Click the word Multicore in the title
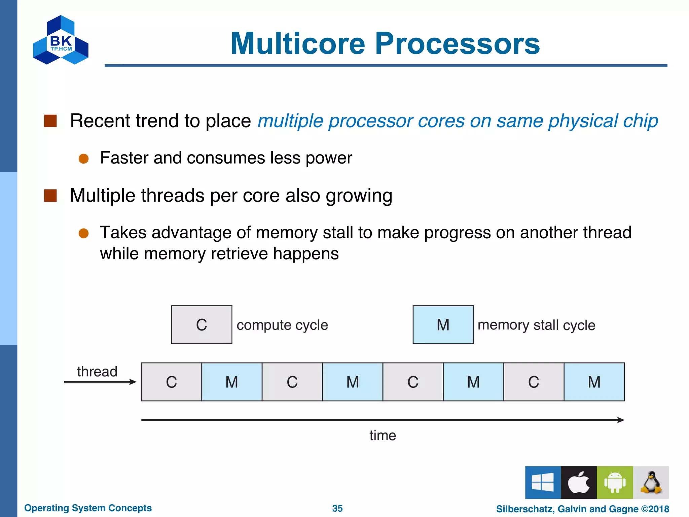pyautogui.click(x=298, y=44)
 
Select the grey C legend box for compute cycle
pyautogui.click(x=202, y=325)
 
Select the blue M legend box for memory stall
pyautogui.click(x=443, y=325)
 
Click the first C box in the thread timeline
pyautogui.click(x=171, y=382)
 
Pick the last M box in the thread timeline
pyautogui.click(x=594, y=382)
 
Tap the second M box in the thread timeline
pyautogui.click(x=353, y=382)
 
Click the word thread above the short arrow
pyautogui.click(x=97, y=372)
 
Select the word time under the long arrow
pyautogui.click(x=383, y=436)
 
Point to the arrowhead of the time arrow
pyautogui.click(x=621, y=420)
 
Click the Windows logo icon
pyautogui.click(x=543, y=482)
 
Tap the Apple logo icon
pyautogui.click(x=579, y=482)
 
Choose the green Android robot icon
pyautogui.click(x=615, y=482)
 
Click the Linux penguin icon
pyautogui.click(x=651, y=482)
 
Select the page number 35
pyautogui.click(x=337, y=508)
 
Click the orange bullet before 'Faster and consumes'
pyautogui.click(x=83, y=159)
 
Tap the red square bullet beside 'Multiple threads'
pyautogui.click(x=50, y=196)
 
